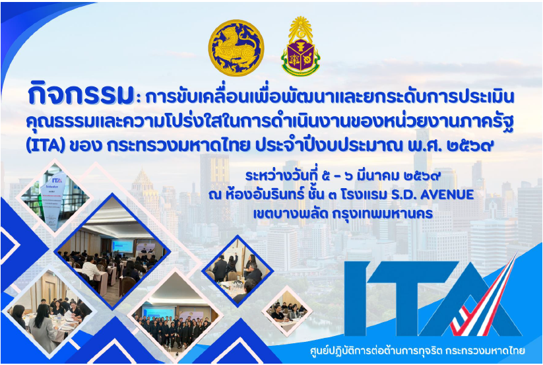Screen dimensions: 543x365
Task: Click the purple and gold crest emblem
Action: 300,46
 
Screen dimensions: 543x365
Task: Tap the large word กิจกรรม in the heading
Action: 81,94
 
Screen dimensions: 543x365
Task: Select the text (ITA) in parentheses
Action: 46,146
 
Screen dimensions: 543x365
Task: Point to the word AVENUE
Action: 447,194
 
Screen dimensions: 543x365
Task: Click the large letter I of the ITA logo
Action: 357,298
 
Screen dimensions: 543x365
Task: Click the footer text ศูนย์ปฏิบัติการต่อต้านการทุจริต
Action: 376,350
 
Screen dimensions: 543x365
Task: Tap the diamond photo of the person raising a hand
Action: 238,271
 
